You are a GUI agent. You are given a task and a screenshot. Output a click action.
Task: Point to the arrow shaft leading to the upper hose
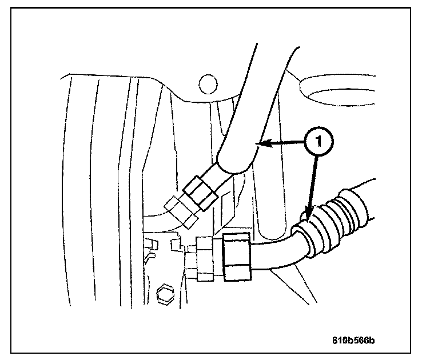point(286,143)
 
